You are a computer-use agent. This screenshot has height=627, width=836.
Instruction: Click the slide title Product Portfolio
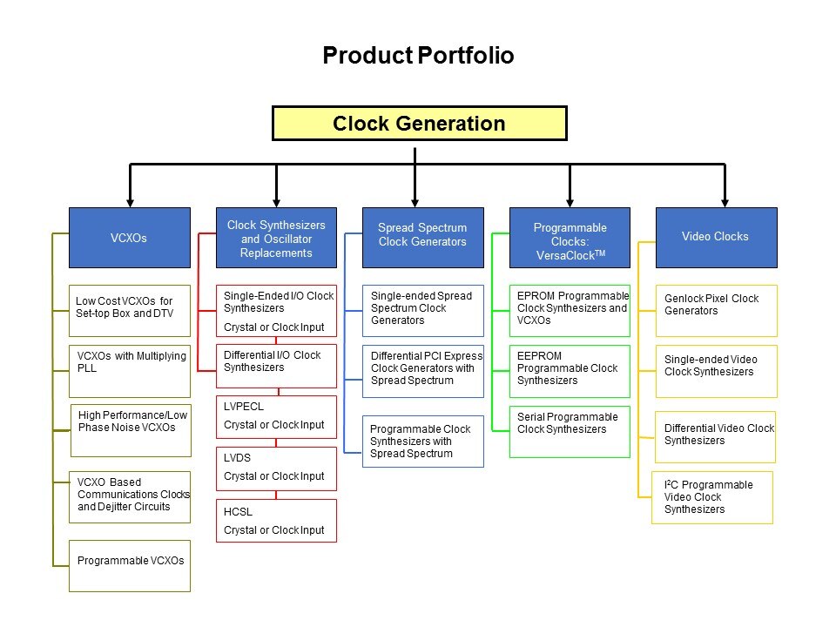418,57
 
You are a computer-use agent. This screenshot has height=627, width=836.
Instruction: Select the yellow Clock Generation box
419,124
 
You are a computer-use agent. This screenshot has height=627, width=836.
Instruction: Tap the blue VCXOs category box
130,237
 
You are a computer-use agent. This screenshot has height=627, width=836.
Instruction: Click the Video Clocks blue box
716,236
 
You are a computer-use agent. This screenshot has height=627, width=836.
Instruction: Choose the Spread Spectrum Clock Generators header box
422,235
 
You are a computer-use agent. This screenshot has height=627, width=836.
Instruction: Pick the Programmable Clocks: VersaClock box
570,237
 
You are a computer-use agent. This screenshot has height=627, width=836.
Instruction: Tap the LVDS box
276,469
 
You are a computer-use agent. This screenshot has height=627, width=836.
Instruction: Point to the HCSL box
276,520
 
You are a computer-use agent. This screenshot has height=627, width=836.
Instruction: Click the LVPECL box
276,417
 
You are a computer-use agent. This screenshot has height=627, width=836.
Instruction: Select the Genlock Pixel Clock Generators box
716,310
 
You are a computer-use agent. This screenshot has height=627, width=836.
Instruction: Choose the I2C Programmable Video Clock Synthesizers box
711,496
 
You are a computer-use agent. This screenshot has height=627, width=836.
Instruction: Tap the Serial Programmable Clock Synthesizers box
570,431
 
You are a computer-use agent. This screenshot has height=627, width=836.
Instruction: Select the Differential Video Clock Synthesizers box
716,436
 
